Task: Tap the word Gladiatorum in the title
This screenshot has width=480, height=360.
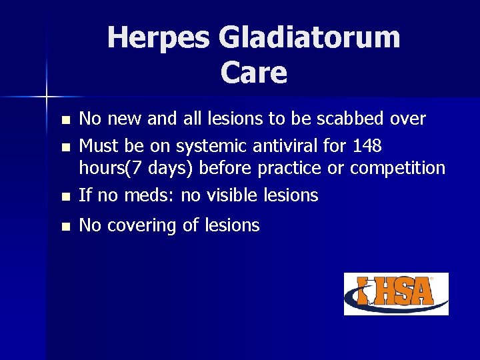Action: pos(309,37)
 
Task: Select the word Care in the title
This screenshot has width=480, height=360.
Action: pos(253,73)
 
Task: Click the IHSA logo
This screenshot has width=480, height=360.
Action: pos(396,293)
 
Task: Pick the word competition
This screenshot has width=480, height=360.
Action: pos(397,168)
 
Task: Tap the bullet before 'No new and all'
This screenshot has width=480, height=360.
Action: pos(64,121)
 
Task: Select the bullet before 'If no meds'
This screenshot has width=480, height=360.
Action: pos(64,197)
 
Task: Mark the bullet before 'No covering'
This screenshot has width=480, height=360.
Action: pos(64,227)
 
